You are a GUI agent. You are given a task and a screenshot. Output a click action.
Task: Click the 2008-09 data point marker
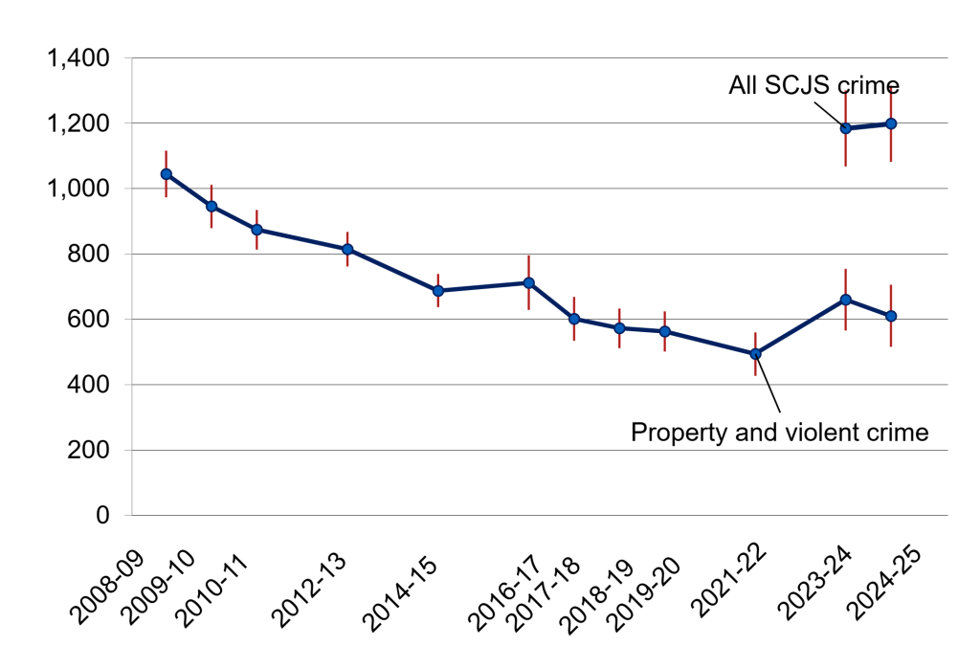pos(167,174)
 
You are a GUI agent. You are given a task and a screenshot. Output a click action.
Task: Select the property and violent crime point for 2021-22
pos(755,354)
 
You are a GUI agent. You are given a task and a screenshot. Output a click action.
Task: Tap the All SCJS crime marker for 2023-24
pos(846,128)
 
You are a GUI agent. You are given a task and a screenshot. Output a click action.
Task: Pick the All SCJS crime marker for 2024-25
pos(891,123)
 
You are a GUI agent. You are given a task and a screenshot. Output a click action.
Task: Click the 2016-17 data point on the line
pos(528,282)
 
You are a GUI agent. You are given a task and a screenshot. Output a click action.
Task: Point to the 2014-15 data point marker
pos(438,291)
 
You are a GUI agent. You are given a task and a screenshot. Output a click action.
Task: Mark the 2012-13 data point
pos(347,249)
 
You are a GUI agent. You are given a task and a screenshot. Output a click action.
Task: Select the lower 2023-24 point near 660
pos(846,300)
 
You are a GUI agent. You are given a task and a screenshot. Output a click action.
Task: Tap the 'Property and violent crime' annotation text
pos(780,433)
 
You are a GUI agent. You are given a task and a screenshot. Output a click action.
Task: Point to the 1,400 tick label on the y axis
pos(78,59)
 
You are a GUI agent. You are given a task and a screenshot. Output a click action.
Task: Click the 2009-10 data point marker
pos(212,206)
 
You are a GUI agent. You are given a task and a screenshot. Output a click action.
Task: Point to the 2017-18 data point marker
pos(574,319)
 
